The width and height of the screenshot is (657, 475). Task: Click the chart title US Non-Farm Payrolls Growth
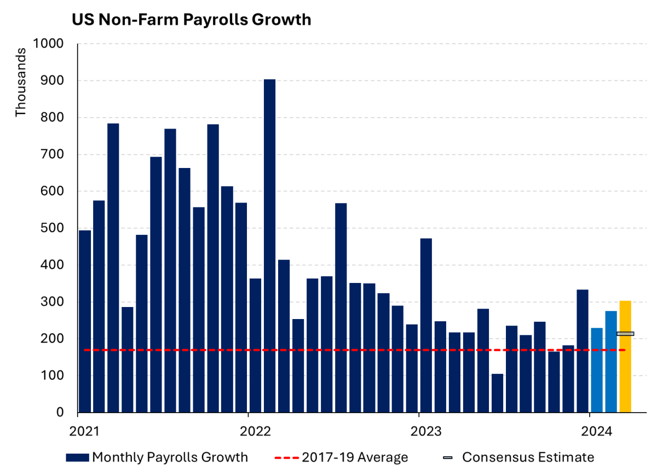pos(192,20)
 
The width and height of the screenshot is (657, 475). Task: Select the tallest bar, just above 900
pos(269,246)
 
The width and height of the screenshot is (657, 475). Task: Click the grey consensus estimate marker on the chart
pos(625,334)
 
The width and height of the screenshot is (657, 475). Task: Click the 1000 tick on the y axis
pos(48,44)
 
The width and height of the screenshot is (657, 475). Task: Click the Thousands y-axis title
pos(20,82)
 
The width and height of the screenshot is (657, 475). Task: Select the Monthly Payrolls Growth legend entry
pos(157,457)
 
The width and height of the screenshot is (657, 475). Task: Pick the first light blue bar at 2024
pos(597,370)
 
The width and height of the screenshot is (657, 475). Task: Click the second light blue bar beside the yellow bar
pos(611,361)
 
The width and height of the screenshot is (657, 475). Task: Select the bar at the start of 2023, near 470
pos(426,326)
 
